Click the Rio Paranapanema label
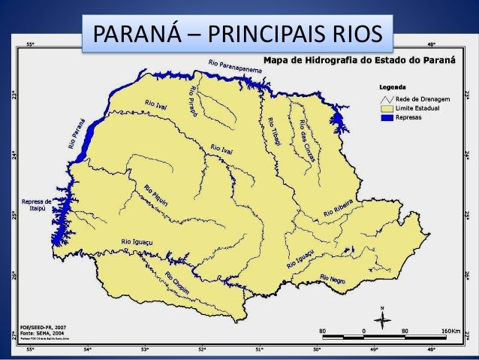pyautogui.click(x=235, y=68)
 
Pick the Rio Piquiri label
pyautogui.click(x=157, y=194)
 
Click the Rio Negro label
pyautogui.click(x=335, y=281)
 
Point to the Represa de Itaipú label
pyautogui.click(x=37, y=204)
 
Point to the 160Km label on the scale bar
pyautogui.click(x=450, y=331)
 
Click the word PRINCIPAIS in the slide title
pyautogui.click(x=267, y=35)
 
